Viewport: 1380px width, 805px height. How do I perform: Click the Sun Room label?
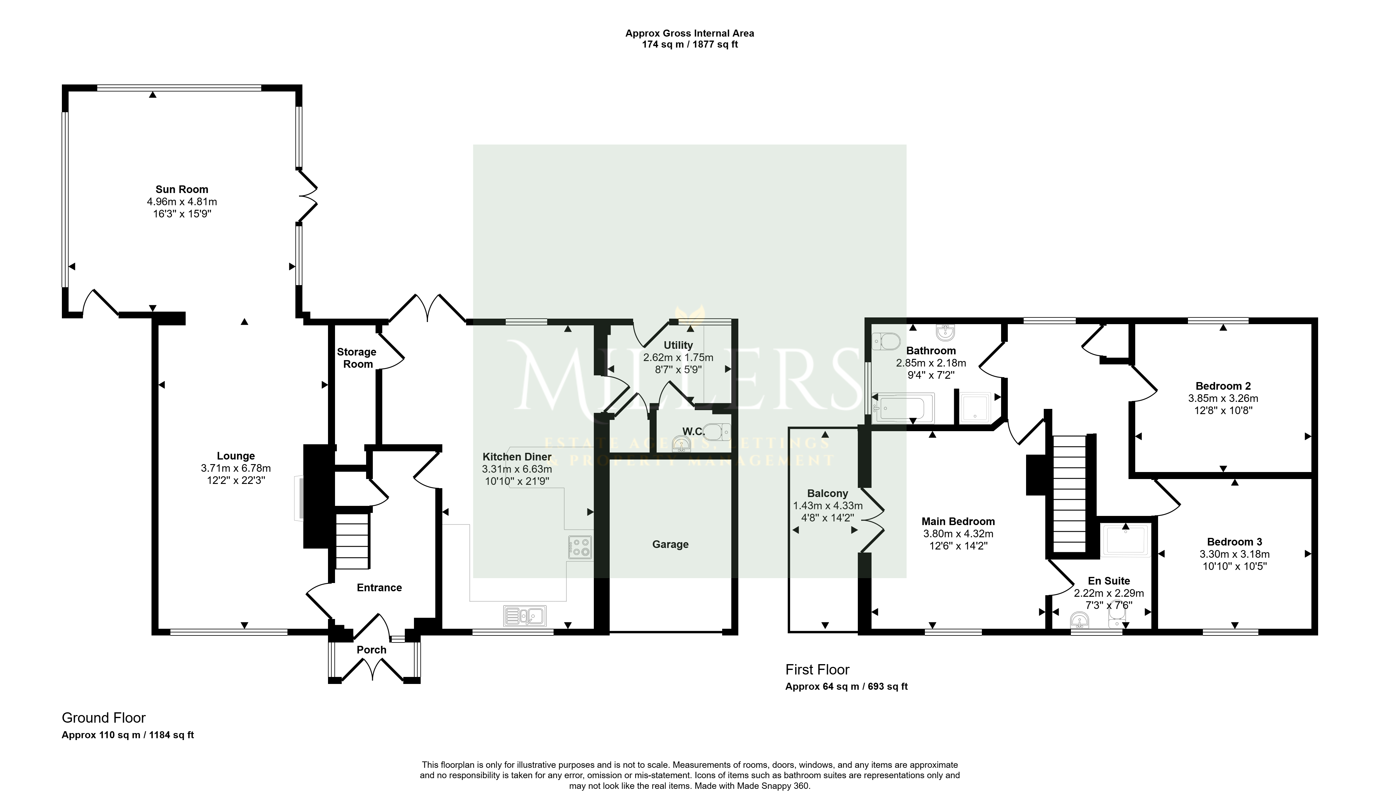[182, 189]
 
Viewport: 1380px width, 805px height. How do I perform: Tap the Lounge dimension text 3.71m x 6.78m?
[236, 468]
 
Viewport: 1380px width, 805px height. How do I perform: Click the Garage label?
[670, 544]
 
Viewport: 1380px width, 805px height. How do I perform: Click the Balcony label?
[827, 493]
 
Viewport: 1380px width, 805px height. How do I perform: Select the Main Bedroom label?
[958, 521]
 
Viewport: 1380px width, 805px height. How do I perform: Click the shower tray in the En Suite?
[1126, 541]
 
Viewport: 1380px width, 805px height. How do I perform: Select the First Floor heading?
[818, 670]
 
